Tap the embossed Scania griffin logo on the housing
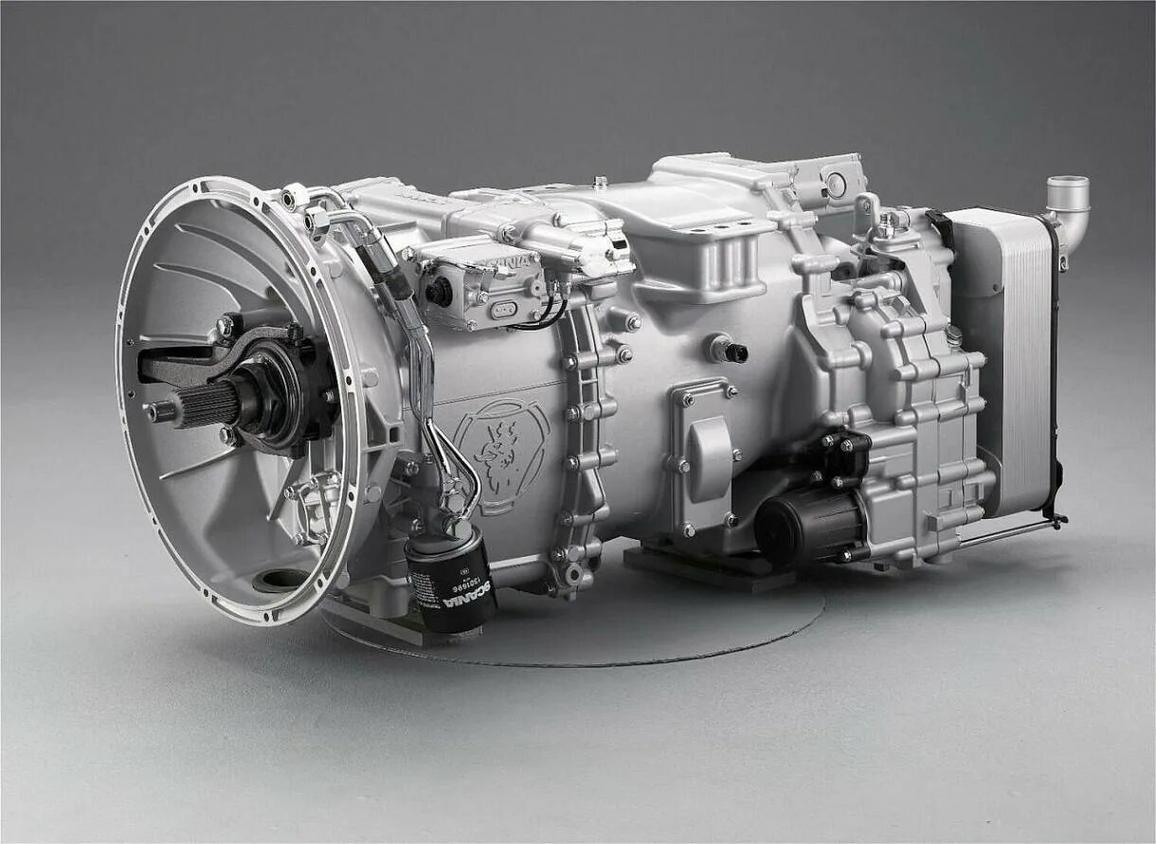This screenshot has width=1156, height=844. point(499,454)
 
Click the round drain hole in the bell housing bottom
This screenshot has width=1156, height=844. point(282,578)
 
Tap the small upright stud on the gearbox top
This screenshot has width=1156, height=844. point(600,180)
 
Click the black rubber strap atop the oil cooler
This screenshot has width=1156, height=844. point(941,227)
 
